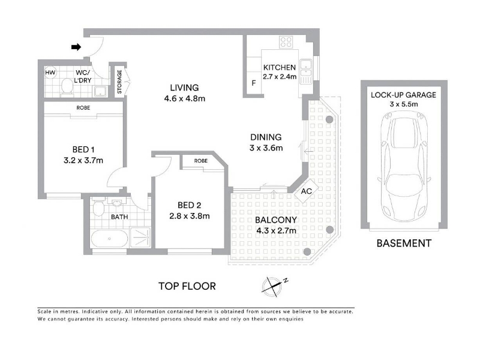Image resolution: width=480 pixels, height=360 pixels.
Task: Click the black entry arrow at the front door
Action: (x=76, y=47)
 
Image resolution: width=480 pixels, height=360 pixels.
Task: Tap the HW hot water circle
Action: (x=50, y=73)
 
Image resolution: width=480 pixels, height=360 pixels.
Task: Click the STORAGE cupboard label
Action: (x=119, y=82)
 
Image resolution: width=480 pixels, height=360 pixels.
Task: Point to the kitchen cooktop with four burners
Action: (x=286, y=42)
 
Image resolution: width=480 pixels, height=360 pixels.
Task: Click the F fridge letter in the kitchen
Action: (x=253, y=83)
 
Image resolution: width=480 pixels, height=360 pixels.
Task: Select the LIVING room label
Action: (x=184, y=88)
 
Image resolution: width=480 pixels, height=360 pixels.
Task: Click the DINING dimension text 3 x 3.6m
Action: (x=266, y=148)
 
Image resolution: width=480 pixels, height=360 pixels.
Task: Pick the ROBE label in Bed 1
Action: (x=83, y=108)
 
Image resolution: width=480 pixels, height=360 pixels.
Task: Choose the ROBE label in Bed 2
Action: (x=201, y=161)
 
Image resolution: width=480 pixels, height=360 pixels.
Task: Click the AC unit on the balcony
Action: (x=307, y=191)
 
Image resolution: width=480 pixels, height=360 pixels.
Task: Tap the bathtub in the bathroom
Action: (x=109, y=239)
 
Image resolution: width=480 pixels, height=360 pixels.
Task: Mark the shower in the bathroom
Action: (x=140, y=237)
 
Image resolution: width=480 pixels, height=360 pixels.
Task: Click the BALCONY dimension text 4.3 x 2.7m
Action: (x=276, y=230)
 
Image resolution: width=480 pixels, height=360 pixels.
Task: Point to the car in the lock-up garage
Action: (x=404, y=167)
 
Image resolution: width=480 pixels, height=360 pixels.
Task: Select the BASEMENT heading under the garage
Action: (x=404, y=244)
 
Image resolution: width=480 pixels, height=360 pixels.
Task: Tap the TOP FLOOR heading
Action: (x=187, y=286)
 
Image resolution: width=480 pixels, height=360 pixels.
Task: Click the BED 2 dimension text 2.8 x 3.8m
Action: (x=190, y=216)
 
